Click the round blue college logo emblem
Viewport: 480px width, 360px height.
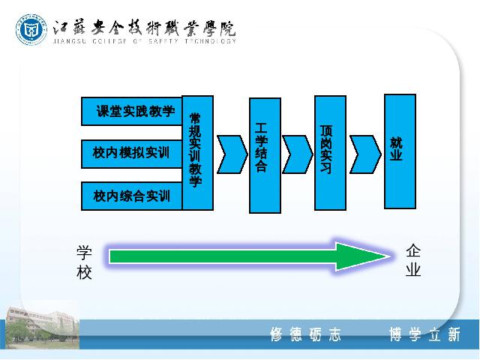(x=31, y=30)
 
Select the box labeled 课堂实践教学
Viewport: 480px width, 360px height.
(x=132, y=111)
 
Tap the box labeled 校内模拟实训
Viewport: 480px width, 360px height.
(x=132, y=154)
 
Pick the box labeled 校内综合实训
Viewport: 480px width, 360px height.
(x=132, y=196)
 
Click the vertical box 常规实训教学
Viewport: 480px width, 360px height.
(x=198, y=153)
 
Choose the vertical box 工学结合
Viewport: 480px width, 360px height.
(x=265, y=155)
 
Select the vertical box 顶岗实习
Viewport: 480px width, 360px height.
(x=330, y=153)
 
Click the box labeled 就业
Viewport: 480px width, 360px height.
(x=400, y=151)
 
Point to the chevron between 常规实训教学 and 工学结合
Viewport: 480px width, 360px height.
(x=232, y=154)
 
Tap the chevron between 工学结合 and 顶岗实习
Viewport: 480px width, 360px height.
(x=298, y=154)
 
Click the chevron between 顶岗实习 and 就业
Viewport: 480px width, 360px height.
(x=365, y=154)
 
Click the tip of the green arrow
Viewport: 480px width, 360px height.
(x=389, y=256)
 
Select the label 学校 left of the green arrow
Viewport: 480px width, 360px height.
(x=84, y=262)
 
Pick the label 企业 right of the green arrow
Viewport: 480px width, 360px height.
(x=413, y=260)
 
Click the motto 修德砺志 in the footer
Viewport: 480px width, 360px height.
(x=305, y=334)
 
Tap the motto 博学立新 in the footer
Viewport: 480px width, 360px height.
(x=425, y=334)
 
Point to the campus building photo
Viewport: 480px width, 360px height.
(x=43, y=328)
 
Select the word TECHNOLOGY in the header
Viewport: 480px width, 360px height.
(x=210, y=41)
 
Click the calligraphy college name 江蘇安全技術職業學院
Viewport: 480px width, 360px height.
(x=144, y=28)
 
